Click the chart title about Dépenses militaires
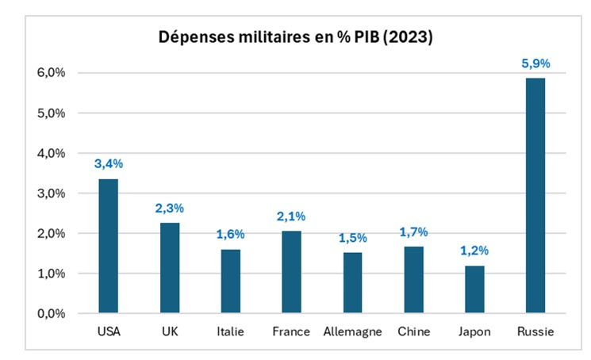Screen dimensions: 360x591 [x=294, y=37]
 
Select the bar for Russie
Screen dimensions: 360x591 [x=535, y=195]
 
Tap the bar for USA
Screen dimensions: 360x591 [x=108, y=246]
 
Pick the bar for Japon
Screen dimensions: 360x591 [x=474, y=289]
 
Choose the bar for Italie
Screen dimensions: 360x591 [x=230, y=281]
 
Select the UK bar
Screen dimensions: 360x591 [x=169, y=268]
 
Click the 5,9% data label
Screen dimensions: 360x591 [x=535, y=63]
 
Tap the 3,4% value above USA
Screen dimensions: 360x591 [x=109, y=163]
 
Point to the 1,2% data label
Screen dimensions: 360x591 [x=474, y=251]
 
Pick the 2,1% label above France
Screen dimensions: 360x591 [x=291, y=216]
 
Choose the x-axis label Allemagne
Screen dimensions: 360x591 [x=352, y=331]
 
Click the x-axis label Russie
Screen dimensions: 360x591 [x=535, y=331]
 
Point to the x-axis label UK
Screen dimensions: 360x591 [x=169, y=331]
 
